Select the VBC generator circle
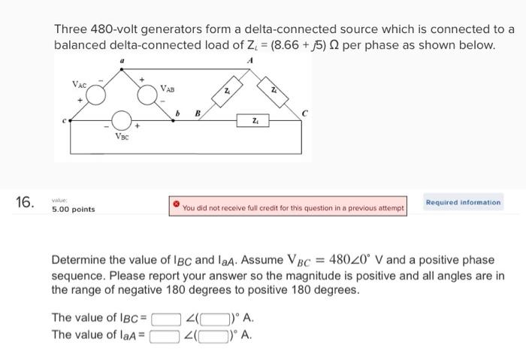coord(122,121)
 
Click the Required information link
coord(463,202)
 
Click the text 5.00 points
coord(73,209)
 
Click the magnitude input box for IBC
coord(165,318)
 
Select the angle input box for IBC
coord(211,318)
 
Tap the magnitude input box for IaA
coord(165,335)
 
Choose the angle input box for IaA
coord(211,335)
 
